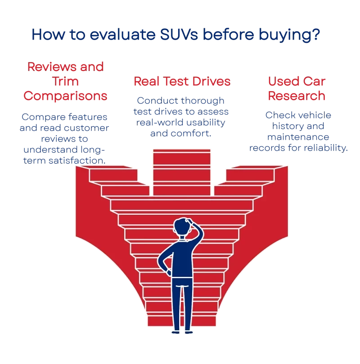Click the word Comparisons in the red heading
tap(66, 96)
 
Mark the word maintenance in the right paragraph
tap(298, 136)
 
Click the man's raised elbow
tap(201, 232)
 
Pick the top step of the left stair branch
tap(112, 172)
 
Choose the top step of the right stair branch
tap(250, 172)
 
